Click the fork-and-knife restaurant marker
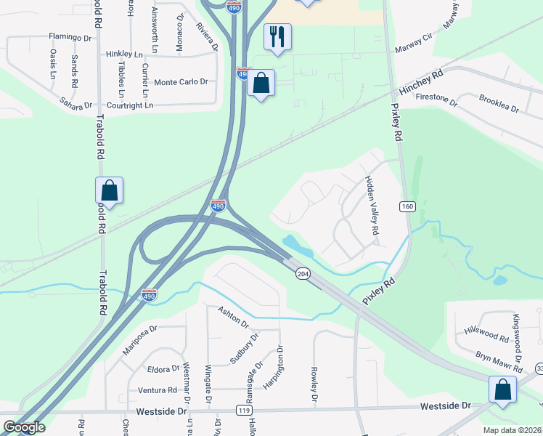tap(277, 36)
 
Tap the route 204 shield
tap(303, 273)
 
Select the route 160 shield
tap(407, 207)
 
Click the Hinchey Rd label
tap(421, 84)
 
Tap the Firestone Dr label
tap(437, 98)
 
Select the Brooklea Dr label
tap(499, 103)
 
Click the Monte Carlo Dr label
tap(181, 82)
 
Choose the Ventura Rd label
tap(157, 390)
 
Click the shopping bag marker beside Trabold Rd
tap(109, 191)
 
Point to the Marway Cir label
tap(414, 49)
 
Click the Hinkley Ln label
tap(124, 54)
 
